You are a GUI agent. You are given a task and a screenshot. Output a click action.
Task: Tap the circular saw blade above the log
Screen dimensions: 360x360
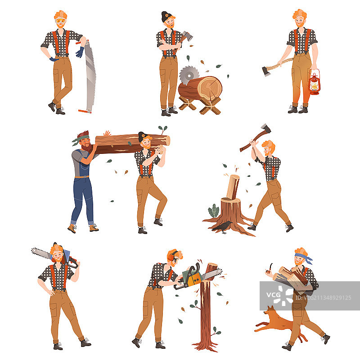click(x=189, y=75)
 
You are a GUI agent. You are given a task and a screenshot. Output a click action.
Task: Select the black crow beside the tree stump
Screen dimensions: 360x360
click(x=222, y=227)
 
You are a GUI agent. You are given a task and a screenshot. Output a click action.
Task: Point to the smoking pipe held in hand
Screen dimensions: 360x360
click(x=269, y=269)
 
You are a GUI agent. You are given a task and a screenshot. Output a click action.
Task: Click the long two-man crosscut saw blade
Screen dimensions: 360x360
click(x=90, y=76)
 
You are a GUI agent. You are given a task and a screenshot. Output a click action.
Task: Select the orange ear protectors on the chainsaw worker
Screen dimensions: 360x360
click(x=171, y=256)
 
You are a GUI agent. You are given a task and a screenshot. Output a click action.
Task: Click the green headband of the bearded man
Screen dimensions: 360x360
click(x=81, y=139)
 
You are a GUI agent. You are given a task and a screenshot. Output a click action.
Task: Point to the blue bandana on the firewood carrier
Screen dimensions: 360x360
click(x=303, y=257)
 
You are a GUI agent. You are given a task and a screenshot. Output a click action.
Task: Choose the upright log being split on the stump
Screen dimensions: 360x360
click(x=233, y=187)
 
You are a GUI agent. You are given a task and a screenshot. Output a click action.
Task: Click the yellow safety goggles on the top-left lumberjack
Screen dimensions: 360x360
click(x=61, y=21)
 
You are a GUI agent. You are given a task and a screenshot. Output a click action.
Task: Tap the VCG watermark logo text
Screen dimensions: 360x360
click(x=273, y=295)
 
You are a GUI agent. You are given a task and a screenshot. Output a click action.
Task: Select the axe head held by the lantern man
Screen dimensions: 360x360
click(x=266, y=71)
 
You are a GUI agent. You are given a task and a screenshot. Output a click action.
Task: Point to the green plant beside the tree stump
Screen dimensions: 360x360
click(x=214, y=211)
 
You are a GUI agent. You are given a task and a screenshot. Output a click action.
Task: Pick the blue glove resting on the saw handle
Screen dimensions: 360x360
click(x=80, y=52)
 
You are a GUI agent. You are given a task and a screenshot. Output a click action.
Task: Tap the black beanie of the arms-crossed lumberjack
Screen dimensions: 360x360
click(x=166, y=16)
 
